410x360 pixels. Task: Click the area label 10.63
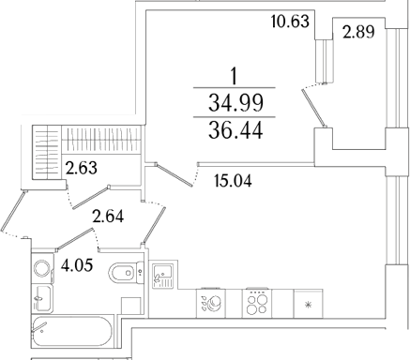point(290,22)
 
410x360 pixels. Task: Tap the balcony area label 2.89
point(358,32)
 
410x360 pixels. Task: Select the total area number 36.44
point(235,130)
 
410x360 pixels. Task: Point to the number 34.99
point(235,103)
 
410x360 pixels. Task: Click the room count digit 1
point(234,77)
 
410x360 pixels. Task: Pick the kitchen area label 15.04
point(234,181)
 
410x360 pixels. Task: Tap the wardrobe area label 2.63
point(82,168)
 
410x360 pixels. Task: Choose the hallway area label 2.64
point(108,217)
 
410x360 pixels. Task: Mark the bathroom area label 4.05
point(77,265)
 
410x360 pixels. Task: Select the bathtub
point(72,332)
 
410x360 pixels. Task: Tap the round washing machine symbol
point(42,269)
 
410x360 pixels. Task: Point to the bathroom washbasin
point(42,298)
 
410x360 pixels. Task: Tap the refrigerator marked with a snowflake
point(308,304)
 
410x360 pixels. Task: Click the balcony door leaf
point(313,108)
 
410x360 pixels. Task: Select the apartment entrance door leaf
point(12,211)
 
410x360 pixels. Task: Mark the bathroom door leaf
point(75,239)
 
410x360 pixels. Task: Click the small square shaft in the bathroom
point(130,306)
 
